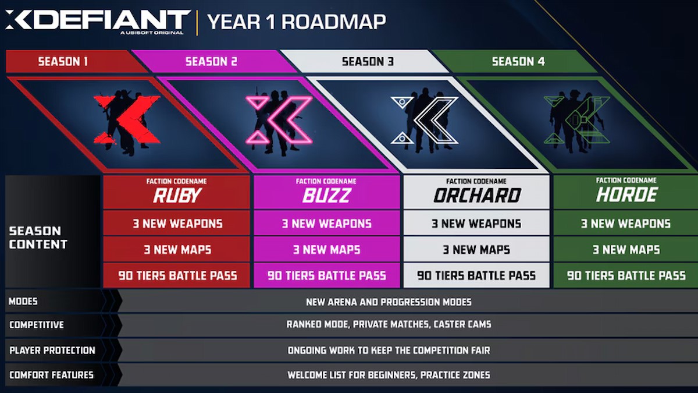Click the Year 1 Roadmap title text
pos(296,22)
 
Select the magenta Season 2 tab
pos(211,61)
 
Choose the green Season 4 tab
pos(518,61)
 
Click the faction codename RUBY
pos(176,196)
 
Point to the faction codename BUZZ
pos(326,196)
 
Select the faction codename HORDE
pos(626,196)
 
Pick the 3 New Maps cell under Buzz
pos(326,250)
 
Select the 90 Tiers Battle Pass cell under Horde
pos(626,275)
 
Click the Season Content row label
pos(38,238)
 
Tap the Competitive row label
pos(36,324)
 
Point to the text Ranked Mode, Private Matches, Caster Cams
pos(389,324)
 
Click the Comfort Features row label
pos(51,374)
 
